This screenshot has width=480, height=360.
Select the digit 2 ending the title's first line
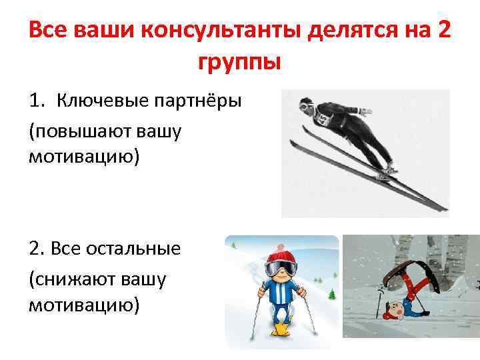point(443,31)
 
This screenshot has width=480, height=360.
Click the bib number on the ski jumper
point(323,118)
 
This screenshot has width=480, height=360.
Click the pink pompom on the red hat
point(280,241)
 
